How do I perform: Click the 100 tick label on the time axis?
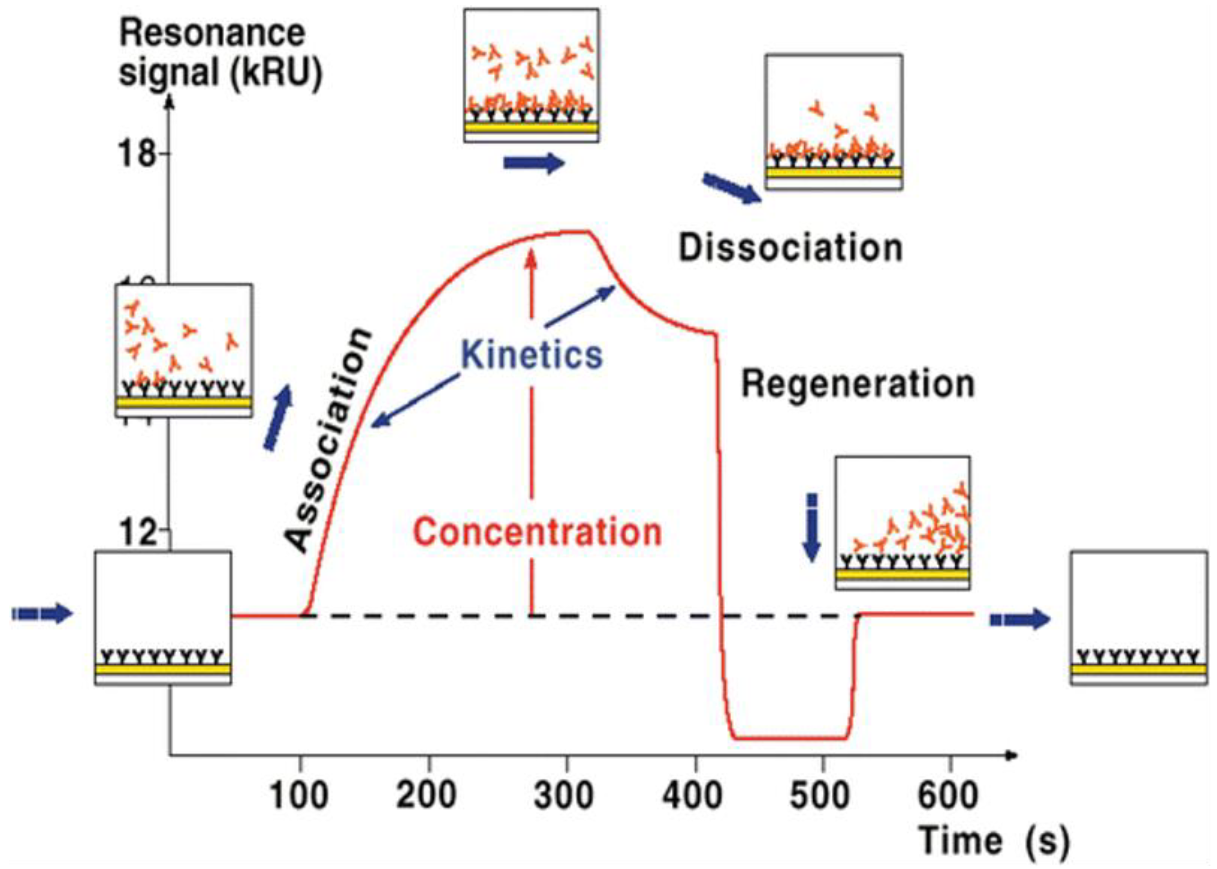(298, 796)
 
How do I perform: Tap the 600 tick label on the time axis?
(948, 796)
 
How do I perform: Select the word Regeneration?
(857, 384)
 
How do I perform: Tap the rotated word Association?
(327, 439)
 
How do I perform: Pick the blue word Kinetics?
(532, 355)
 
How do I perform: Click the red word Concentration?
(537, 532)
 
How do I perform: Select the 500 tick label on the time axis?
(820, 796)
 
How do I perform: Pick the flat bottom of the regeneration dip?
(790, 739)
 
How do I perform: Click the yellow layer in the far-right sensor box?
(1138, 669)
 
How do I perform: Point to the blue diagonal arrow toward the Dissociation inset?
(731, 188)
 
